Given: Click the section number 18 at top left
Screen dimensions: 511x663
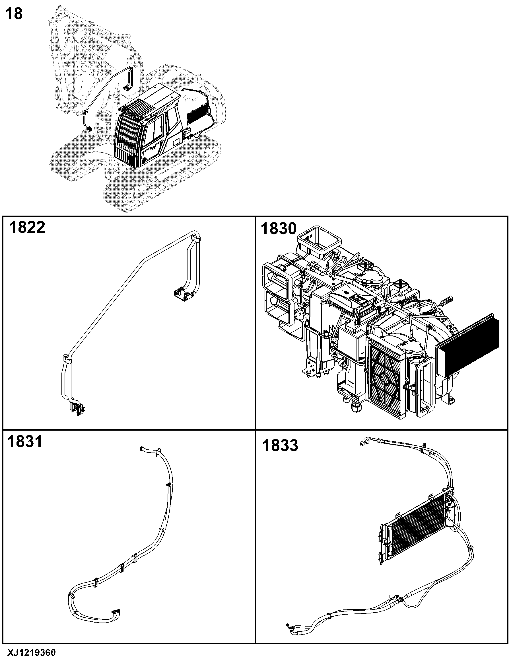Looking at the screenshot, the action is click(14, 14).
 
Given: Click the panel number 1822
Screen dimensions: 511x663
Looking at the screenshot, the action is click(27, 227).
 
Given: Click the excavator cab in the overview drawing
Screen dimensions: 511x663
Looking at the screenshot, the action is click(149, 126).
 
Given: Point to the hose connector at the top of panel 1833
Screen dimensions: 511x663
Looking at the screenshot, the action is click(364, 441).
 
